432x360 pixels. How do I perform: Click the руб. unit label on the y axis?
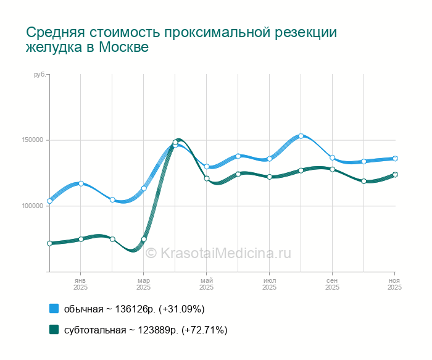[x=39, y=75]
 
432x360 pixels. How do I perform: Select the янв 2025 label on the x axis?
[x=80, y=284]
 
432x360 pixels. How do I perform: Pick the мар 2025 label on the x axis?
[x=143, y=284]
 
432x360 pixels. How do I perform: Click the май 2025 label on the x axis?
[x=206, y=284]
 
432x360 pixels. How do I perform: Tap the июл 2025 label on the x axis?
[x=269, y=284]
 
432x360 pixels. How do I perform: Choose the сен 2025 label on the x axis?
[x=332, y=284]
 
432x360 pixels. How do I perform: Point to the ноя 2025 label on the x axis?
[x=394, y=284]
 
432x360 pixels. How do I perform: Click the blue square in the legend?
[x=54, y=309]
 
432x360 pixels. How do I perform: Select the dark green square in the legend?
[x=54, y=330]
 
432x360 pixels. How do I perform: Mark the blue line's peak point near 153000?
[x=301, y=136]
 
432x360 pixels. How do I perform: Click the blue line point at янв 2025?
[x=81, y=183]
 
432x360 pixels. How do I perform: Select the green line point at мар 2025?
[x=144, y=239]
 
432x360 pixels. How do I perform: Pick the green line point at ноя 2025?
[x=395, y=175]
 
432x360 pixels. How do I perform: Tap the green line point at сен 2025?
[x=332, y=169]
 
